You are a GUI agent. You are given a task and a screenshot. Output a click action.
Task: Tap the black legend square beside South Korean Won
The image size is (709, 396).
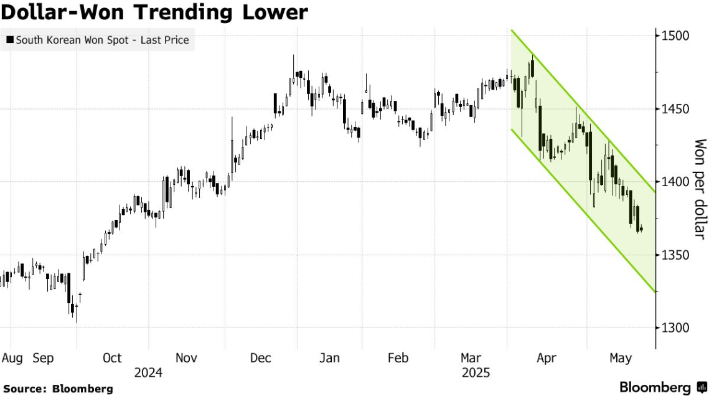pyautogui.click(x=9, y=41)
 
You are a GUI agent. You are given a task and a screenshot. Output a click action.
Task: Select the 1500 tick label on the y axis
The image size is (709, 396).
pyautogui.click(x=675, y=36)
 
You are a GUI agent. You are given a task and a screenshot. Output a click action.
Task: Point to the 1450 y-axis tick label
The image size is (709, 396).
pyautogui.click(x=675, y=109)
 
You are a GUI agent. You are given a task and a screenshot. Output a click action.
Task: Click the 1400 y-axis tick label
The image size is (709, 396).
pyautogui.click(x=675, y=182)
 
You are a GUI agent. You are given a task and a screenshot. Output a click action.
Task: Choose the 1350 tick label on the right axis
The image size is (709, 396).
pyautogui.click(x=675, y=255)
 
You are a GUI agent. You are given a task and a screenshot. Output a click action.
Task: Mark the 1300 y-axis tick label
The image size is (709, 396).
pyautogui.click(x=675, y=328)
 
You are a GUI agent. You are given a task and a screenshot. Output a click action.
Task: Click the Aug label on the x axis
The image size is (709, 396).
pyautogui.click(x=12, y=358)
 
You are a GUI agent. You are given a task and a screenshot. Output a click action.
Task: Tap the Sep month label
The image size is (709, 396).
pyautogui.click(x=43, y=358)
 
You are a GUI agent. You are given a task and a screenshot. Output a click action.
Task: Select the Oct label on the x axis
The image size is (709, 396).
pyautogui.click(x=112, y=358)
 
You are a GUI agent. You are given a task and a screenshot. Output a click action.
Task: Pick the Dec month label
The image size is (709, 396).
pyautogui.click(x=261, y=358)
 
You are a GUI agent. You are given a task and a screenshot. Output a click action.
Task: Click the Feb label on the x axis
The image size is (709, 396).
pyautogui.click(x=398, y=358)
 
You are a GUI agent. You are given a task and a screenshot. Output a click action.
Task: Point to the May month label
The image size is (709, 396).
pyautogui.click(x=621, y=358)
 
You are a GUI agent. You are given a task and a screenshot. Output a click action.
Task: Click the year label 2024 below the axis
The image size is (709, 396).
pyautogui.click(x=148, y=373)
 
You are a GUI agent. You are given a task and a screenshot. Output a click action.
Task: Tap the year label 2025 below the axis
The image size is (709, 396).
pyautogui.click(x=476, y=373)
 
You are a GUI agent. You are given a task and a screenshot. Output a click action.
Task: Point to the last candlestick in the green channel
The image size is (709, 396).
pyautogui.click(x=642, y=230)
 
